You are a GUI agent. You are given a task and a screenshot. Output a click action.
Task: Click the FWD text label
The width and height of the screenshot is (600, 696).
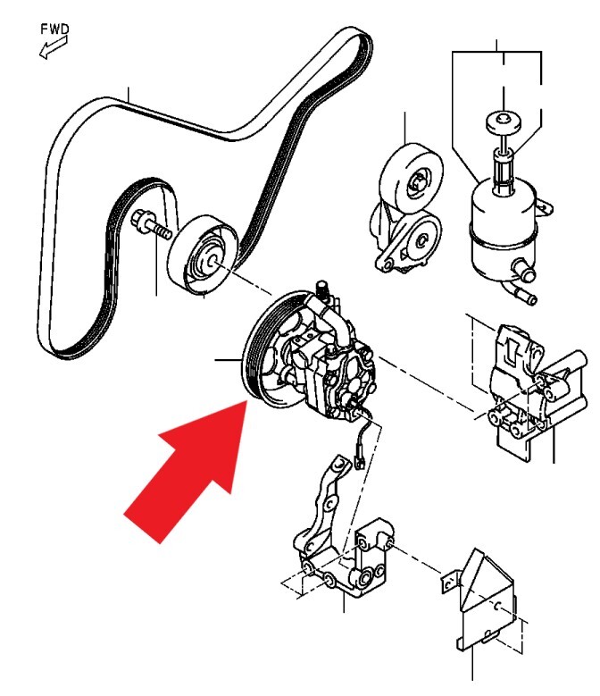[x=55, y=29]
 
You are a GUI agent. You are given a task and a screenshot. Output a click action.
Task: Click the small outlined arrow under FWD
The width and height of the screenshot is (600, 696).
[x=54, y=47]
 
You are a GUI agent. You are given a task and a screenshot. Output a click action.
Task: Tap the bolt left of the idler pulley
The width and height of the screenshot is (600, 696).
[x=151, y=226]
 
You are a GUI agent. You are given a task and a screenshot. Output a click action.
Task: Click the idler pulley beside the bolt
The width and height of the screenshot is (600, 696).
[x=203, y=255]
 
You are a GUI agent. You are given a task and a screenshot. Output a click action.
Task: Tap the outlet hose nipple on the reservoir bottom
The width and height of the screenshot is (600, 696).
[x=525, y=273]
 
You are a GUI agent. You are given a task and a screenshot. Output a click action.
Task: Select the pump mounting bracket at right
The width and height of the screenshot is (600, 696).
[x=537, y=390]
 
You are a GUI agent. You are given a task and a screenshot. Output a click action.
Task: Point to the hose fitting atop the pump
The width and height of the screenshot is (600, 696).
[x=321, y=289]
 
